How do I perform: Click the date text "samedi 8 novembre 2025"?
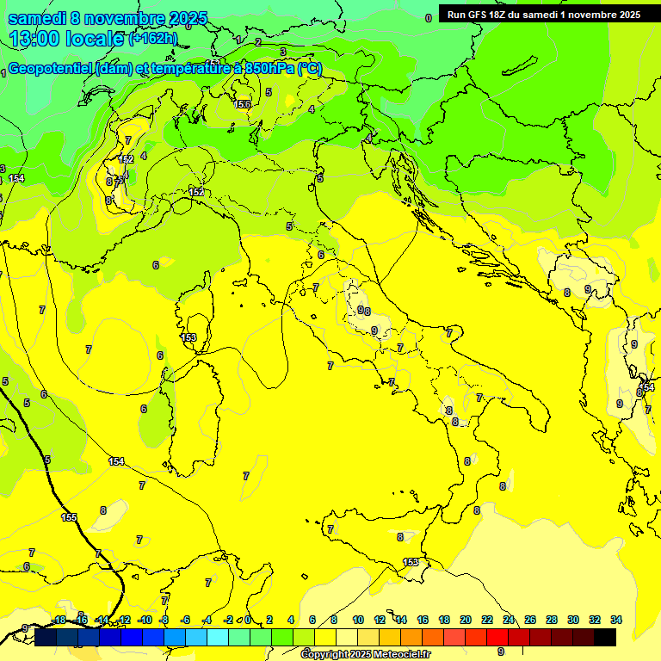pyautogui.click(x=108, y=18)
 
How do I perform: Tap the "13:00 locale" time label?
pyautogui.click(x=67, y=39)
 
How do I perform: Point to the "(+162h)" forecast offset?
pyautogui.click(x=153, y=39)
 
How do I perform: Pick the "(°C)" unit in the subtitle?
pyautogui.click(x=311, y=69)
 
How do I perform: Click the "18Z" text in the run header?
pyautogui.click(x=503, y=15)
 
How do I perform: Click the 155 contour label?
pyautogui.click(x=69, y=517)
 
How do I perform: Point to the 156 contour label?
pyautogui.click(x=242, y=104)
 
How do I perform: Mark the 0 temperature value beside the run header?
pyautogui.click(x=428, y=17)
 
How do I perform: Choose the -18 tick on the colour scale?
pyautogui.click(x=59, y=621)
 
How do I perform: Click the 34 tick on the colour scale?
pyautogui.click(x=616, y=621)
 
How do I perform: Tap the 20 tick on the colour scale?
pyautogui.click(x=466, y=621)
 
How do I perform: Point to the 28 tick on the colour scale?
pyautogui.click(x=552, y=621)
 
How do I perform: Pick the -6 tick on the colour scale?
pyautogui.click(x=186, y=621)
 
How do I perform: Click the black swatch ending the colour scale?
pyautogui.click(x=605, y=637)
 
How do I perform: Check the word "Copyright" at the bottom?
pyautogui.click(x=326, y=655)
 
